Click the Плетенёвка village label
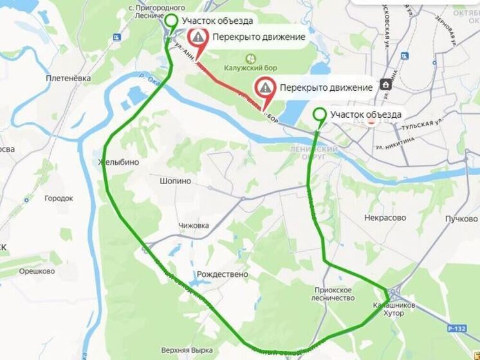click(x=68, y=79)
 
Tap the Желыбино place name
click(x=119, y=162)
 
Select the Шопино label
click(x=175, y=182)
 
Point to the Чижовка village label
click(x=194, y=225)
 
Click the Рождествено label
click(x=223, y=274)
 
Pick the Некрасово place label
click(x=385, y=218)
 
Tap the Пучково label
click(x=461, y=218)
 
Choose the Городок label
click(x=59, y=198)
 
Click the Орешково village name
click(x=37, y=271)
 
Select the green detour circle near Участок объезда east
click(x=318, y=115)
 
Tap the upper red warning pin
click(x=199, y=38)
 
